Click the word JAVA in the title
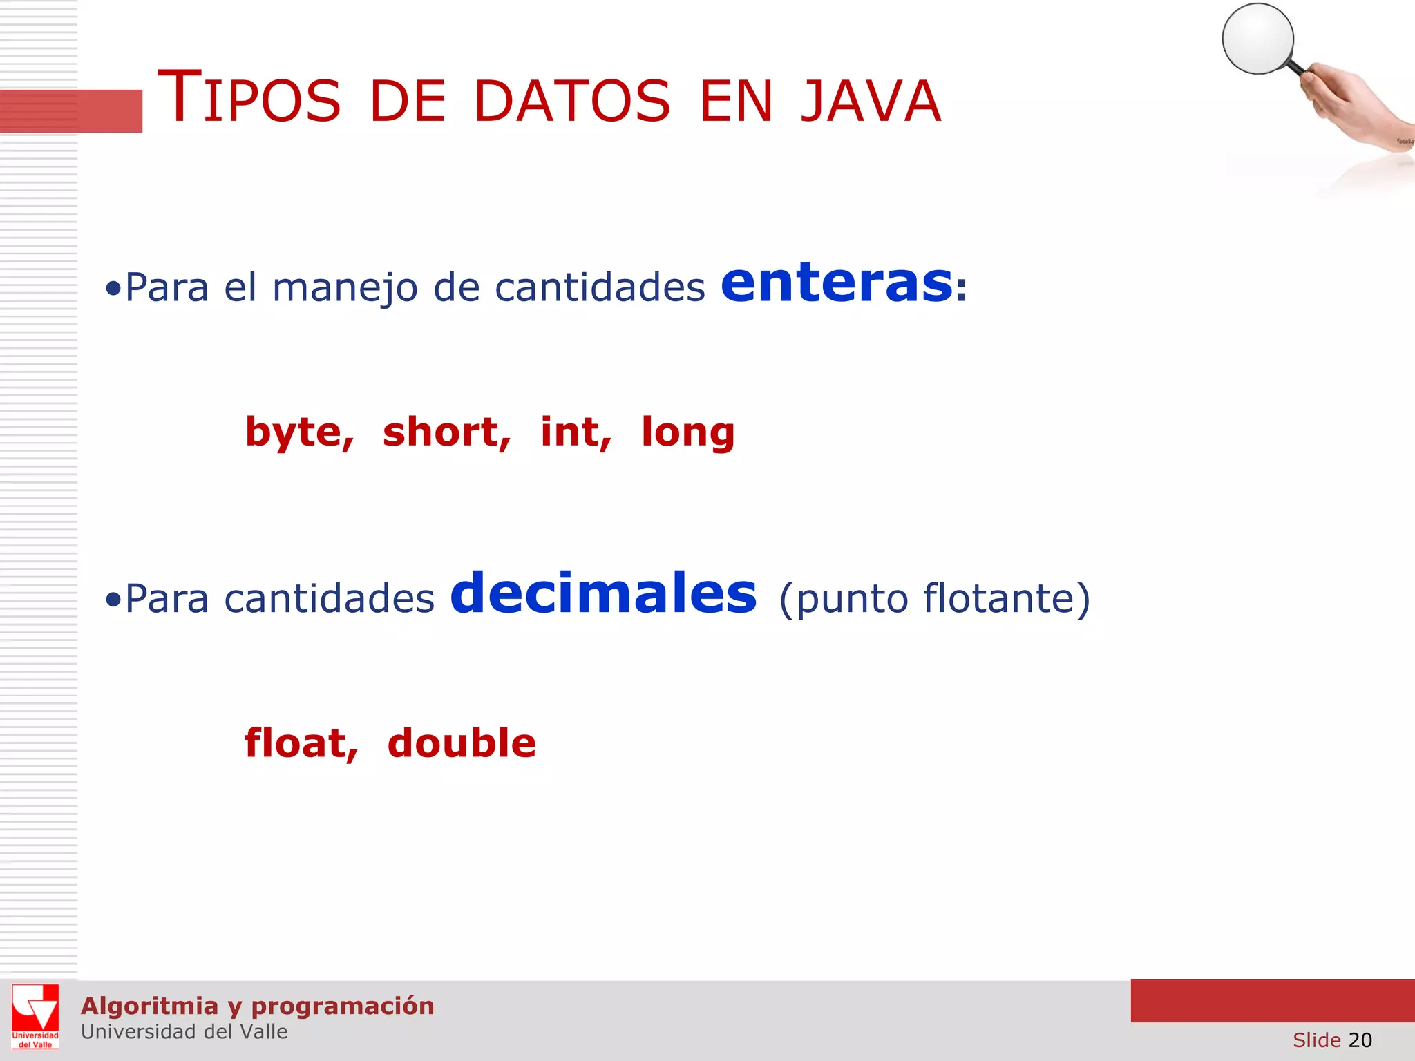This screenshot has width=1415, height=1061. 871,102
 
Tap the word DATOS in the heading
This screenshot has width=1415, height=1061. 571,102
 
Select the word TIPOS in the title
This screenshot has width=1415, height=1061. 249,98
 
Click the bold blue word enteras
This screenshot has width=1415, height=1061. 837,283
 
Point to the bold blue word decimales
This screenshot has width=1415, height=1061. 603,594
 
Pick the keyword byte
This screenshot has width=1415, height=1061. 299,433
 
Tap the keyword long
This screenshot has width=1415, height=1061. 688,433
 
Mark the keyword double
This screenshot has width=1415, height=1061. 462,743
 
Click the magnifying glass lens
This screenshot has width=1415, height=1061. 1257,39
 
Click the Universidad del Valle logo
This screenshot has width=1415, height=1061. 35,1016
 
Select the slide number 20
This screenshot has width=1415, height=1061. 1360,1040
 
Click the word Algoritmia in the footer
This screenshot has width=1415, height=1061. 150,1006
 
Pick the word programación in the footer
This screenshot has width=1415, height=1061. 343,1006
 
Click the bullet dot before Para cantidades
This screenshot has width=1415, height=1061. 113,600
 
